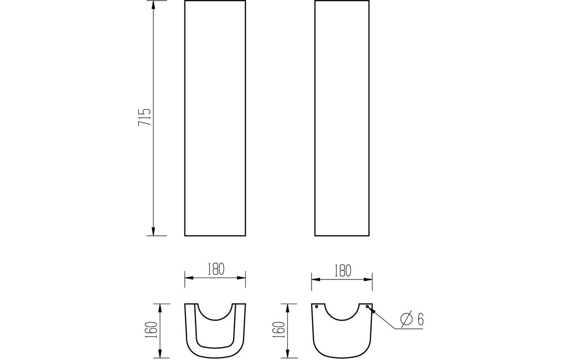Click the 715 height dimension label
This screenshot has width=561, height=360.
pyautogui.click(x=145, y=118)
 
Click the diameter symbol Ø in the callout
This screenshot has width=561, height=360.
pyautogui.click(x=406, y=319)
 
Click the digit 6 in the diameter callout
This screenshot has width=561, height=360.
pyautogui.click(x=421, y=319)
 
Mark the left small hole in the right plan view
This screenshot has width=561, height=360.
pyautogui.click(x=316, y=306)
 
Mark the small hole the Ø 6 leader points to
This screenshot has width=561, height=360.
pyautogui.click(x=367, y=306)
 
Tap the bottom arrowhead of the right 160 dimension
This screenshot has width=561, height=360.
pyautogui.click(x=289, y=354)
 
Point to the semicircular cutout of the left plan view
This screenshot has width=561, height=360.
pyautogui.click(x=215, y=313)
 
